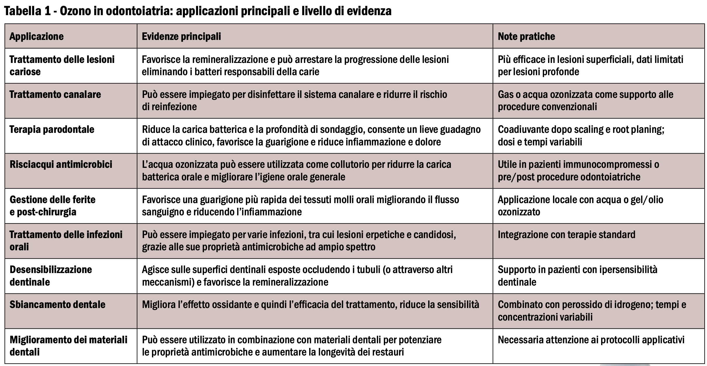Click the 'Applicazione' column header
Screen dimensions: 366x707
click(36, 36)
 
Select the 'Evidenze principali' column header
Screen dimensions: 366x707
click(181, 36)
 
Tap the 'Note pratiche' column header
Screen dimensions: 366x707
click(526, 36)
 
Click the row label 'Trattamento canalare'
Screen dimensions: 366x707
click(55, 95)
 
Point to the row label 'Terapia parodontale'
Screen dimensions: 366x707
click(52, 130)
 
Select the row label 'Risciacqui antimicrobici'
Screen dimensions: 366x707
click(61, 165)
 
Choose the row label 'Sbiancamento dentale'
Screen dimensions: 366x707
click(57, 305)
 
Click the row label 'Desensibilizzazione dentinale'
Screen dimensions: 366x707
click(51, 276)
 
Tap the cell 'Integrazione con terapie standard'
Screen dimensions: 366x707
click(566, 235)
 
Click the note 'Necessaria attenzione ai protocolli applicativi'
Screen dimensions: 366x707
click(591, 340)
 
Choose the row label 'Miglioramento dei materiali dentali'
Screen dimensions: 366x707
click(68, 346)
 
